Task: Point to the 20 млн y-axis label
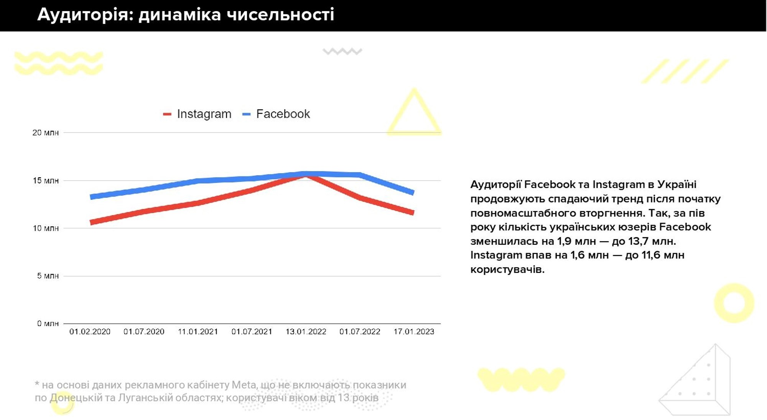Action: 46,133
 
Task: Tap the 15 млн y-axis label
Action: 46,181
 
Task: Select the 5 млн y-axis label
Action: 48,276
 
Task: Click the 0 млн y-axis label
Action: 48,323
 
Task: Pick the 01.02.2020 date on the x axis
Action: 90,331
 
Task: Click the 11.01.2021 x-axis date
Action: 198,331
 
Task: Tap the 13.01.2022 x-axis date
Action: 306,331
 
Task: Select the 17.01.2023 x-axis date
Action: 414,331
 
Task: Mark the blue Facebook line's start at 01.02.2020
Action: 91,197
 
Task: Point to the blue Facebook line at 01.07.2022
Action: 360,175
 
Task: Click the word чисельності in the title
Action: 280,15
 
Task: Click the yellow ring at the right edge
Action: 734,303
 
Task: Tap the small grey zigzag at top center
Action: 342,51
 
